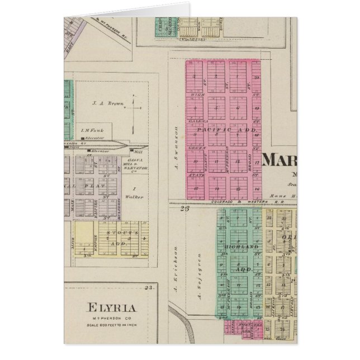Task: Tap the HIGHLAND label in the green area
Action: pos(234,247)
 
